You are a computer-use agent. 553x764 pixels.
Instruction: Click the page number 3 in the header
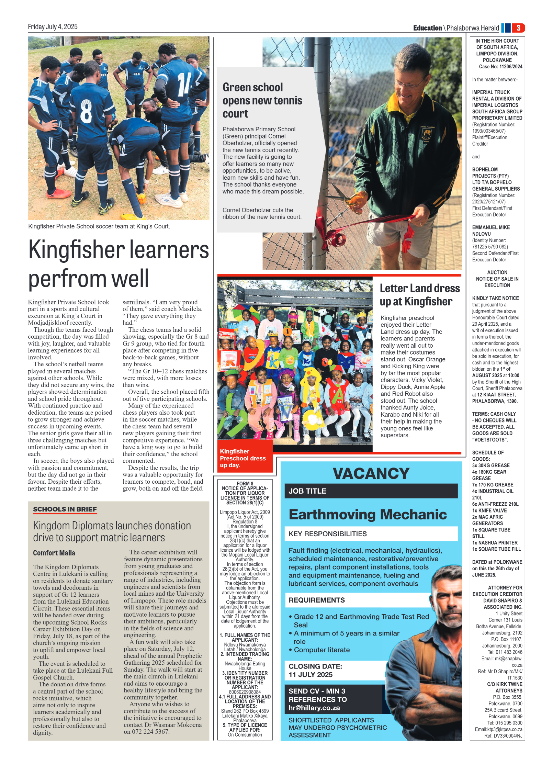click(518, 28)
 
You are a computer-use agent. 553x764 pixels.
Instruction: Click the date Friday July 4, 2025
click(53, 27)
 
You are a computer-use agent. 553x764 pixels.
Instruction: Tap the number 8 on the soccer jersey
click(86, 111)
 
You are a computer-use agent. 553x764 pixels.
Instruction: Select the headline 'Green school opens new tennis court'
click(262, 100)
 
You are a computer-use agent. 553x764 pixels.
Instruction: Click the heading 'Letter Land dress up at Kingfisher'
click(419, 295)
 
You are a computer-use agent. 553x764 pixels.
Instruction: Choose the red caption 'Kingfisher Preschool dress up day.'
click(243, 458)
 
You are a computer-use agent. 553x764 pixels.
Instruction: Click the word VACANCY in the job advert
click(371, 473)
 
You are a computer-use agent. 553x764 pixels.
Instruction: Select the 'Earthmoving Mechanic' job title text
click(368, 514)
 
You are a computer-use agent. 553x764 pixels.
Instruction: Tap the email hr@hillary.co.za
click(314, 708)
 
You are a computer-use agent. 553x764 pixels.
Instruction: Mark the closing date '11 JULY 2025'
click(311, 674)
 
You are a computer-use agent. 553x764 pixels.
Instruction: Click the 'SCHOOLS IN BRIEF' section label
click(65, 509)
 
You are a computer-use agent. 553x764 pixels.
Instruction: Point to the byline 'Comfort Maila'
click(54, 553)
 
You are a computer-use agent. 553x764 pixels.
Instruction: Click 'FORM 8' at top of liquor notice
click(245, 483)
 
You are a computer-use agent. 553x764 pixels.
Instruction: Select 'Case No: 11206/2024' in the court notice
click(500, 67)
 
